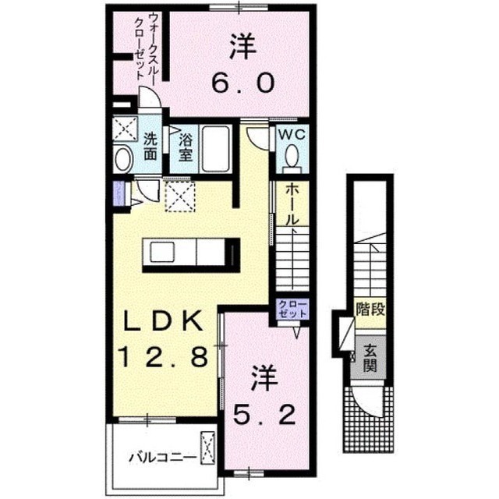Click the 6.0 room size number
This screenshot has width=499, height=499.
pyautogui.click(x=243, y=82)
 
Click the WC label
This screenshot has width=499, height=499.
pyautogui.click(x=292, y=134)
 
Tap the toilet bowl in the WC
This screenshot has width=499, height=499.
pyautogui.click(x=292, y=156)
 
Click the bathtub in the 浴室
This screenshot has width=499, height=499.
pyautogui.click(x=215, y=149)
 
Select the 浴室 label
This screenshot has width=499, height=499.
pyautogui.click(x=186, y=147)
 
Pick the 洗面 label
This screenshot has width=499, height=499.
pyautogui.click(x=150, y=147)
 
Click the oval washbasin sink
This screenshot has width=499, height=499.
pyautogui.click(x=124, y=160)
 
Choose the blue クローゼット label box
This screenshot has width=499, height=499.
pyautogui.click(x=292, y=309)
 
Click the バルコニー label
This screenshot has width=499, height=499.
pyautogui.click(x=163, y=458)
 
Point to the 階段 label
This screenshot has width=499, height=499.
pyautogui.click(x=370, y=309)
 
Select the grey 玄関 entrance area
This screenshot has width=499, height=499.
pyautogui.click(x=369, y=357)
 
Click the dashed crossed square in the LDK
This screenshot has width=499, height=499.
pyautogui.click(x=180, y=196)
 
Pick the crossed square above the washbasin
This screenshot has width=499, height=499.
pyautogui.click(x=125, y=129)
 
